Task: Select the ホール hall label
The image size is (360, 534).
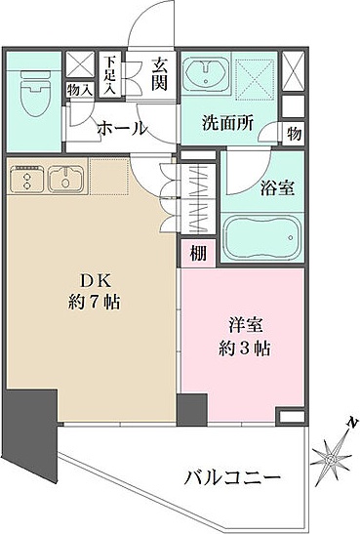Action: [122, 128]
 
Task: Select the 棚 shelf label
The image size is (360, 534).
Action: [198, 253]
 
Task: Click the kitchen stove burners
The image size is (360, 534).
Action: [26, 179]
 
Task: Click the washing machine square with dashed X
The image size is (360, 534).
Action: [256, 78]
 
